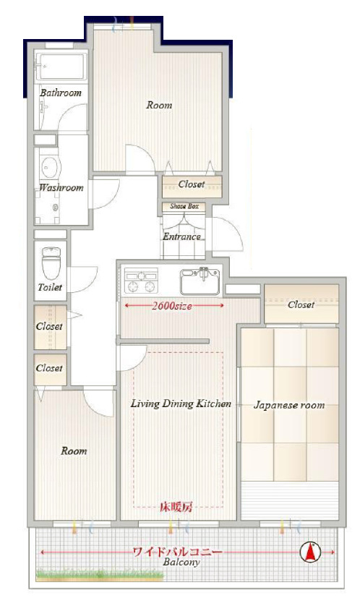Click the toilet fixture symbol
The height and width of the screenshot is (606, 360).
tap(51, 263)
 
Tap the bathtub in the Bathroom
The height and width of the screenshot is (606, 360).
tap(61, 67)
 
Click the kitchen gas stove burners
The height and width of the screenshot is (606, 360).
tap(141, 280)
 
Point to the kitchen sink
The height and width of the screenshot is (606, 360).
tap(200, 281)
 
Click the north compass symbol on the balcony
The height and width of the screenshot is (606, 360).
tap(310, 552)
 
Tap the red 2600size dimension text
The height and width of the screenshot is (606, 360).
tap(172, 306)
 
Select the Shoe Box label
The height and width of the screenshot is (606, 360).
tap(184, 206)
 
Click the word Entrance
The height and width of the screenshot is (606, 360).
tap(181, 236)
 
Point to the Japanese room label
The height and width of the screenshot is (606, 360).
tap(289, 405)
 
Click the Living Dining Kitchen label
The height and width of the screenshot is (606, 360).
tap(181, 404)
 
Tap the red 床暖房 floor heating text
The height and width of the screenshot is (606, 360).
tap(176, 507)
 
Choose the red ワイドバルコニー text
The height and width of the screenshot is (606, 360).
tap(177, 552)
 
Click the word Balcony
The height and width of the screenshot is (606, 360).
tap(181, 562)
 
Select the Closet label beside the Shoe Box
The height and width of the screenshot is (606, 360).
tap(192, 184)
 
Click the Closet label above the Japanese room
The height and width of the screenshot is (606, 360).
tap(301, 304)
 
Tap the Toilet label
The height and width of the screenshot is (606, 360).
tap(50, 287)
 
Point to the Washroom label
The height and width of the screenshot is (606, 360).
tap(61, 188)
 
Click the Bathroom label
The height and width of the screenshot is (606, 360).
tap(61, 93)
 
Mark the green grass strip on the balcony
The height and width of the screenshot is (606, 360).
tap(100, 575)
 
